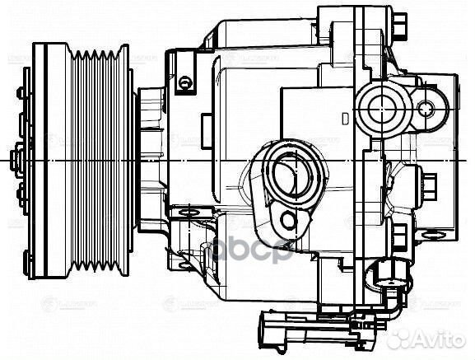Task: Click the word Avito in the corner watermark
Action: (x=440, y=337)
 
